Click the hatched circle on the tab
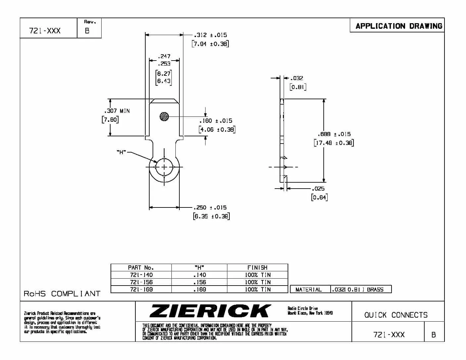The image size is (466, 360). [164, 116]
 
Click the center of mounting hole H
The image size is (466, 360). [164, 167]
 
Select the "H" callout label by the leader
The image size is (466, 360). [121, 152]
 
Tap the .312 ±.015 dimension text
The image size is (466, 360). [210, 35]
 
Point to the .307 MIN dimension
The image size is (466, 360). [117, 111]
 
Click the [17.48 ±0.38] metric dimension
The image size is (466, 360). [334, 143]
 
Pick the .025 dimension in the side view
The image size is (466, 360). [318, 189]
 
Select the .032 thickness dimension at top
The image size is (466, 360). [297, 78]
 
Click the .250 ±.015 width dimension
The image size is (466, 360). [210, 208]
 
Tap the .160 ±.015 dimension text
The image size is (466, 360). [216, 121]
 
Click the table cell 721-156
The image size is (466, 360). [141, 282]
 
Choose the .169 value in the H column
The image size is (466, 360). [200, 290]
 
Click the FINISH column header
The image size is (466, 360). [257, 268]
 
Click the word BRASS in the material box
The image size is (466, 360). [375, 290]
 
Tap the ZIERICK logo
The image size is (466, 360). [210, 311]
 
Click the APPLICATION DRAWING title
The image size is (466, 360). [398, 26]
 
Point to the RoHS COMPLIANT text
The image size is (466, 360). [62, 294]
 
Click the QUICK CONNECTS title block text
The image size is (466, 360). [396, 315]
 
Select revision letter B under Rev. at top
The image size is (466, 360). [87, 31]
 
